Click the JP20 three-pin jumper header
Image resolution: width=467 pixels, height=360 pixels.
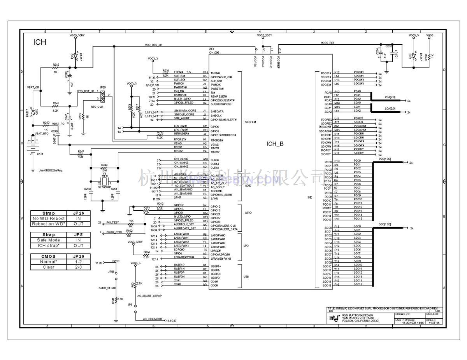click(x=102, y=96)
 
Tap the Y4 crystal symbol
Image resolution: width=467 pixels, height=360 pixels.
click(x=104, y=182)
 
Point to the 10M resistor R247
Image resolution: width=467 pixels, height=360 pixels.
click(x=81, y=154)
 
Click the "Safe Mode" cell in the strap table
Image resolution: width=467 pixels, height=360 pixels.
click(x=49, y=240)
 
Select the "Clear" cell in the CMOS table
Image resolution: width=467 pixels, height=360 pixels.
click(x=49, y=267)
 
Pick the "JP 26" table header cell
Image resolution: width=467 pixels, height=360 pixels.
click(x=78, y=213)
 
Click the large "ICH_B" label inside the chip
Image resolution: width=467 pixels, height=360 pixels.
click(x=275, y=144)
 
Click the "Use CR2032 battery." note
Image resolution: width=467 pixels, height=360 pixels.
click(x=51, y=170)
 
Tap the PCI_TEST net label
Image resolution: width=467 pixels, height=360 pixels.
click(x=112, y=222)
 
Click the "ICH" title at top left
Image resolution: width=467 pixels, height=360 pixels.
click(x=40, y=42)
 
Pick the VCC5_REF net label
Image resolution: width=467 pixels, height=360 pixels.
click(x=328, y=43)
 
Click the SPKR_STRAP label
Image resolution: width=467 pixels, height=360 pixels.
click(x=108, y=288)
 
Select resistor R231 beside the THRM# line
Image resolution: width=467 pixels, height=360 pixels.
click(x=166, y=72)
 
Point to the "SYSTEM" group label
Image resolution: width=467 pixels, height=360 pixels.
click(x=251, y=122)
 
